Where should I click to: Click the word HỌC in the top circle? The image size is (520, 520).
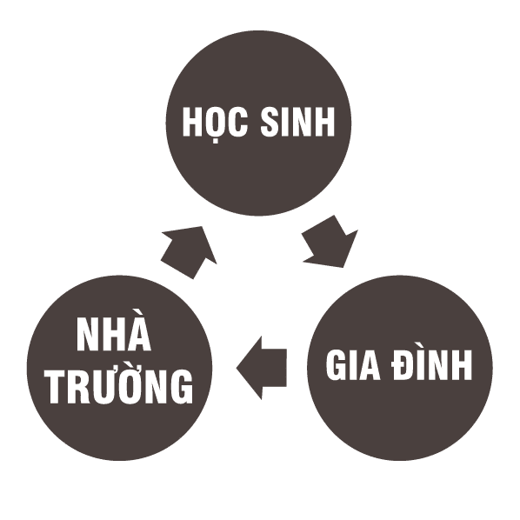pyautogui.click(x=215, y=123)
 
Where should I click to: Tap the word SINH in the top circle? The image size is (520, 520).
pyautogui.click(x=297, y=122)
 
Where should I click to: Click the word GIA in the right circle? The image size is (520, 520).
pyautogui.click(x=353, y=364)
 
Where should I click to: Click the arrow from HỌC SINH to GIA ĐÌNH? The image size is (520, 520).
pyautogui.click(x=330, y=242)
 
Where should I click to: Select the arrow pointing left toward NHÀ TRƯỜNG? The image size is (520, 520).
pyautogui.click(x=262, y=368)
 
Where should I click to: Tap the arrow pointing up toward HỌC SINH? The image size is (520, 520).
pyautogui.click(x=189, y=252)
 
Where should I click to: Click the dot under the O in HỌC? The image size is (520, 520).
pyautogui.click(x=216, y=141)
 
